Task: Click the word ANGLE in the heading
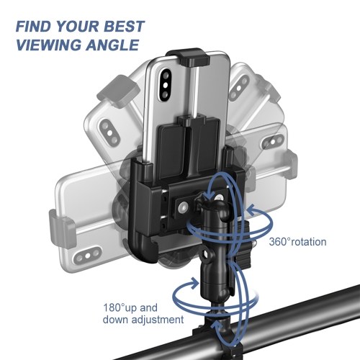112,45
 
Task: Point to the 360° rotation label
297,242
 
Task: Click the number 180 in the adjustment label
112,307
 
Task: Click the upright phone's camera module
166,84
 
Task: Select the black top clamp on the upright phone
188,57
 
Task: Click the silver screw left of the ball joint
184,207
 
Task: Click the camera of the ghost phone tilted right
238,88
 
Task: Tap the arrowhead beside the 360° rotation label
252,210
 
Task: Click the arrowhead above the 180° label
194,283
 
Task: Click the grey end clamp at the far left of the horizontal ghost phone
60,228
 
